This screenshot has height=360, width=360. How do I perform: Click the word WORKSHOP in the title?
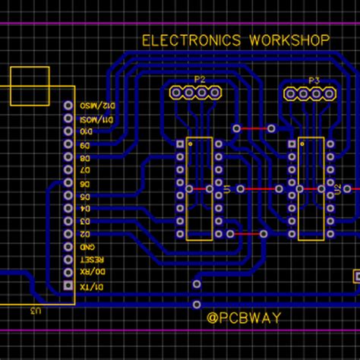(289, 39)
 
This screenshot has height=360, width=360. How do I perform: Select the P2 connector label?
(200, 80)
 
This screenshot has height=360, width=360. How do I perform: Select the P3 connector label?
(314, 80)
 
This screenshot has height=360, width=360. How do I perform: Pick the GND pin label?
(88, 247)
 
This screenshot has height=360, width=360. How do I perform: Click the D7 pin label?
(86, 170)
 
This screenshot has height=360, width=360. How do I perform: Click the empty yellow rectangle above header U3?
(30, 85)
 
